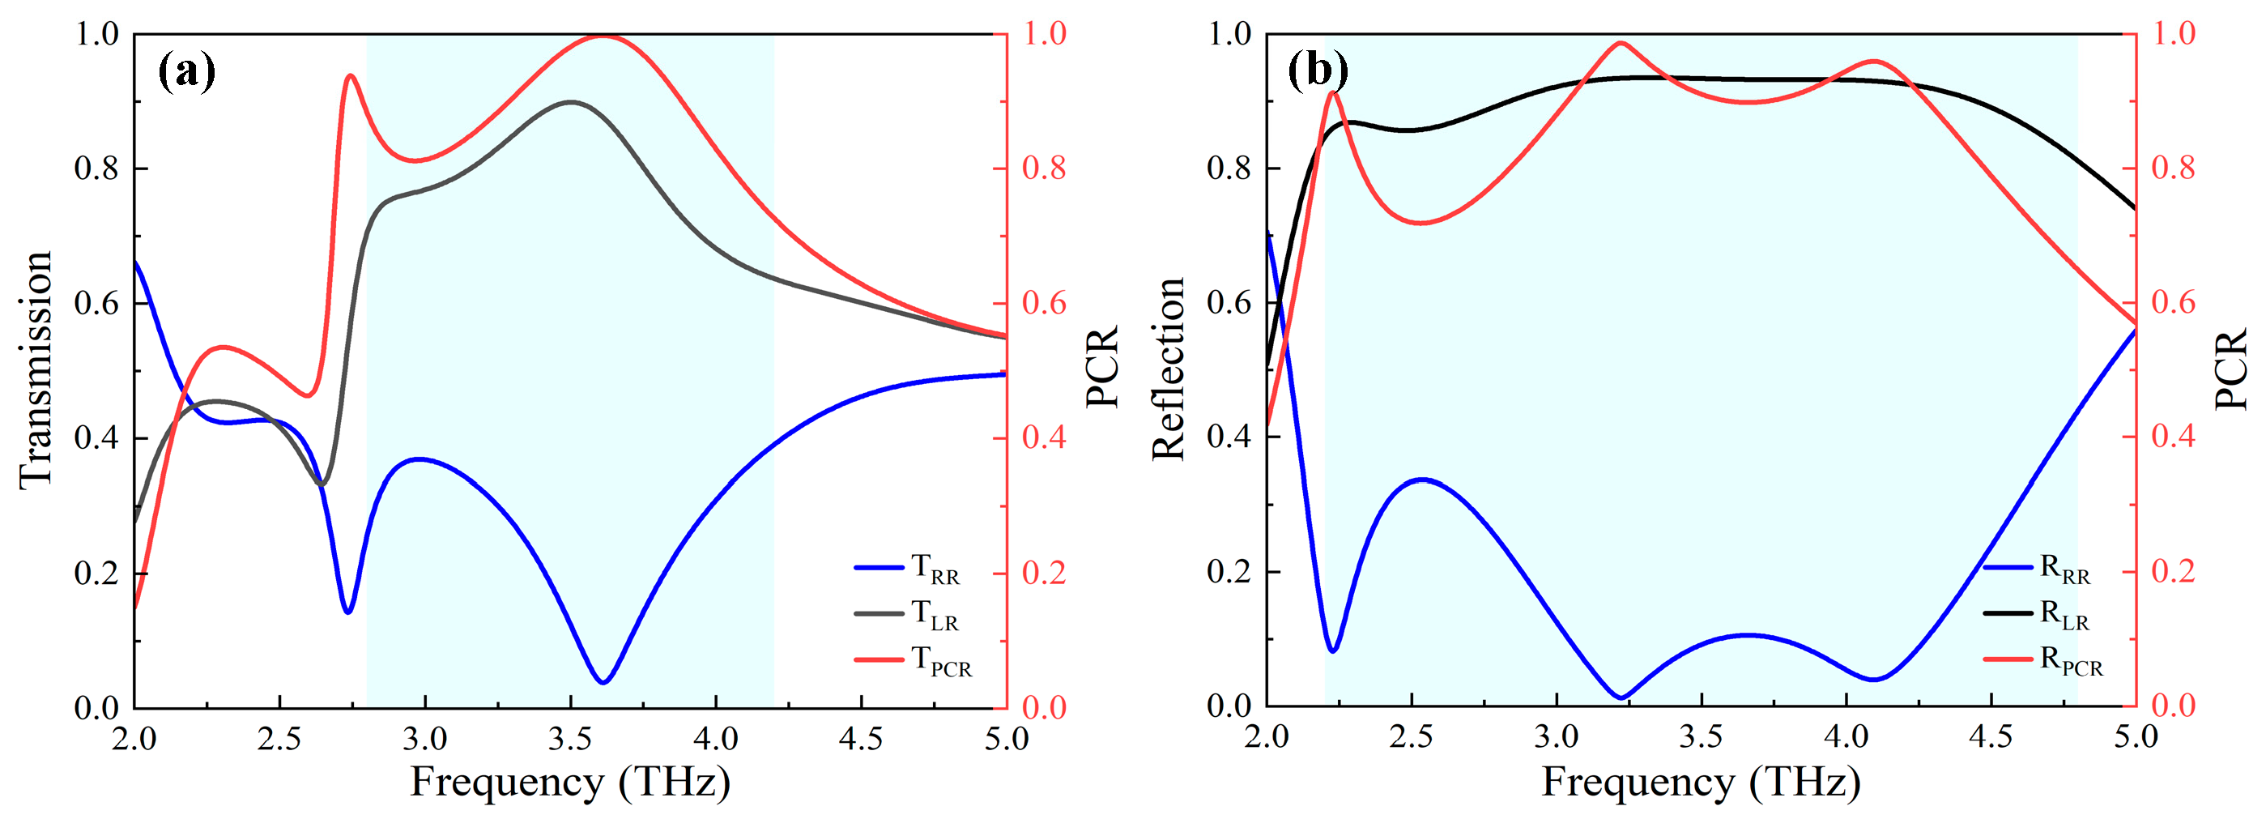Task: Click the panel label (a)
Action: tap(186, 70)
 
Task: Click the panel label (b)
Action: tap(1317, 70)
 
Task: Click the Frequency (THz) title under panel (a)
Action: tap(570, 781)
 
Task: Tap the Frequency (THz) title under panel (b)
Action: tap(1701, 781)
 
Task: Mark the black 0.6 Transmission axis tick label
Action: tap(96, 303)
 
